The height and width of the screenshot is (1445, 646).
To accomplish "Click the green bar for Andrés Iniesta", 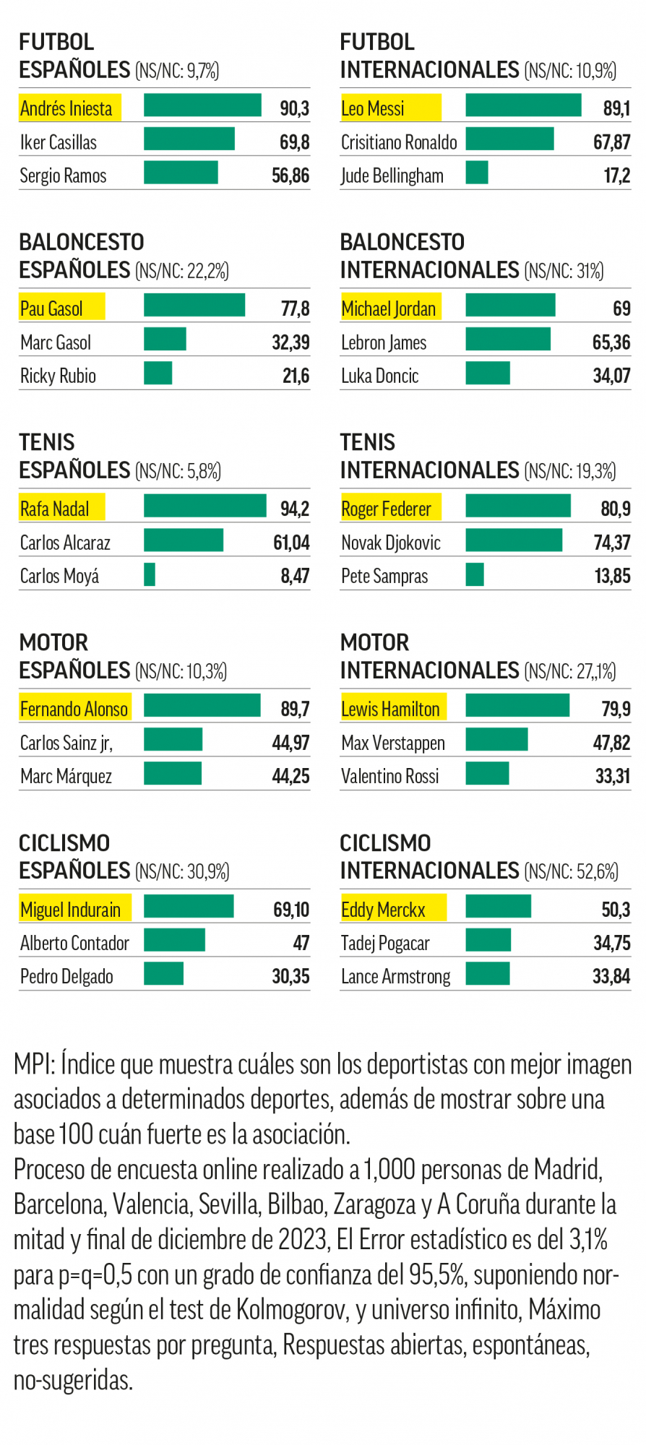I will (x=202, y=105).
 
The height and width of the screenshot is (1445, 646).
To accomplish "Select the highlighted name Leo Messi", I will (x=373, y=108).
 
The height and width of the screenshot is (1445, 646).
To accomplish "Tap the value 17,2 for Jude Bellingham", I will (x=616, y=176).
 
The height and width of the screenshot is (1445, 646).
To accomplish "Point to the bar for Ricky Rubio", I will (x=158, y=373).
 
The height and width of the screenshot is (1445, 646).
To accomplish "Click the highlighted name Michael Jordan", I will (x=389, y=309).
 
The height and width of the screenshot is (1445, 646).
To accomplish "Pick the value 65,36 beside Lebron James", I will (x=611, y=342).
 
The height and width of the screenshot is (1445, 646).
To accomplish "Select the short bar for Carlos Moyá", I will (x=150, y=574).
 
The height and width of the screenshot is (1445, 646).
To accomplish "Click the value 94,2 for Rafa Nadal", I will (x=295, y=509).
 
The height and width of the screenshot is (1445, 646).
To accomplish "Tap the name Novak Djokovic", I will (x=391, y=543).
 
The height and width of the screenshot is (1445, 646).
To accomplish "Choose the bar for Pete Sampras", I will (x=475, y=574).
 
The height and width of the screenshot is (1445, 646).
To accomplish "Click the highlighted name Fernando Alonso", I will (x=74, y=709).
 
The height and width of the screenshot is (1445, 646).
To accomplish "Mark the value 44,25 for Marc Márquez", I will (x=290, y=776).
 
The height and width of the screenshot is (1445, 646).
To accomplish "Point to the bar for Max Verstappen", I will (x=496, y=740).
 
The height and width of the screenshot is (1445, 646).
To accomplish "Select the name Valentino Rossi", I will (x=390, y=776).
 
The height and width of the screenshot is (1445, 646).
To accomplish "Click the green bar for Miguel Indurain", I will (x=189, y=906).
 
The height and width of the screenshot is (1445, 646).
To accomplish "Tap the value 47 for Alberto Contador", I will (x=301, y=943).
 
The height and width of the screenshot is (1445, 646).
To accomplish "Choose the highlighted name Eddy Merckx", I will (x=383, y=910).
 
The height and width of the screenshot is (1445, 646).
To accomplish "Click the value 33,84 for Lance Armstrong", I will (x=611, y=976).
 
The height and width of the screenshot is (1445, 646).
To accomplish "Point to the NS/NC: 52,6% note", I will (x=571, y=871).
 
